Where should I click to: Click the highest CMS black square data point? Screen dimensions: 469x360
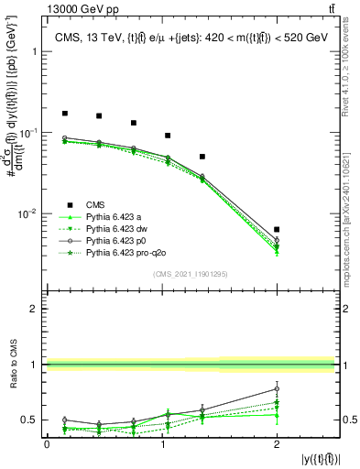click(64, 114)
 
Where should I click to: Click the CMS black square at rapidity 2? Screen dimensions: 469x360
click(277, 229)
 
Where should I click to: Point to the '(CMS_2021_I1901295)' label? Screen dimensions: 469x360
click(191, 274)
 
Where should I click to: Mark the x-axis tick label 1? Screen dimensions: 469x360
click(162, 444)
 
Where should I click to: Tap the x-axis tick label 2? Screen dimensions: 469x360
click(277, 444)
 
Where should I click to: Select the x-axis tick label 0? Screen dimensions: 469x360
click(47, 444)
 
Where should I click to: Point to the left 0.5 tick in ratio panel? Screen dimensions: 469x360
click(36, 420)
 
